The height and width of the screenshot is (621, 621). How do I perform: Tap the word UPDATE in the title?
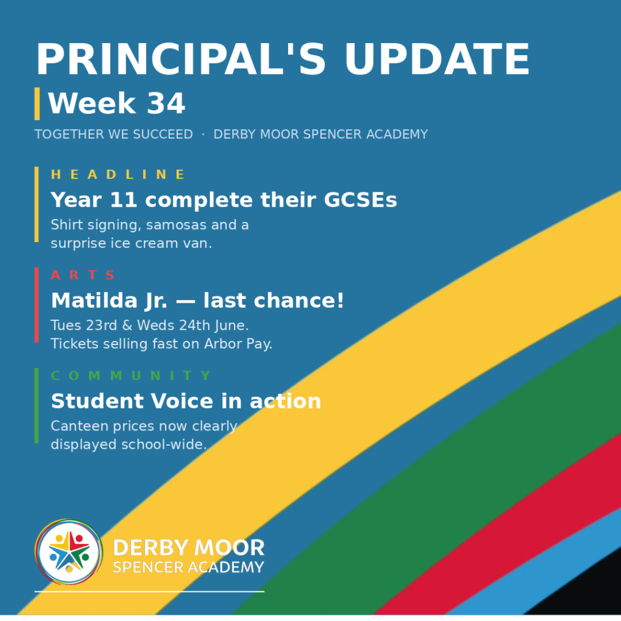437,59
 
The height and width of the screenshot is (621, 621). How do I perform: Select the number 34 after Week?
166,103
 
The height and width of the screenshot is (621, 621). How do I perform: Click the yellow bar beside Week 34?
37,104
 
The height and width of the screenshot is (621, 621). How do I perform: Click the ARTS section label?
82,275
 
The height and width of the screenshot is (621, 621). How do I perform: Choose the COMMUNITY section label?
131,375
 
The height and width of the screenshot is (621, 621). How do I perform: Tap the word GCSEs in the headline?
360,200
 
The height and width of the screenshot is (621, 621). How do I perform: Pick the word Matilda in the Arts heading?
94,300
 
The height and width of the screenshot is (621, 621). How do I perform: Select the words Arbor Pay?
238,344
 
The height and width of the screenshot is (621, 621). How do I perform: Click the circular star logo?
69,552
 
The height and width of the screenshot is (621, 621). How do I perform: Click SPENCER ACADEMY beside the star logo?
189,567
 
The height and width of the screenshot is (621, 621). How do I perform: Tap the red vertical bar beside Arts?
36,305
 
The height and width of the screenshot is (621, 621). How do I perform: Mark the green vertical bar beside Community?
36,406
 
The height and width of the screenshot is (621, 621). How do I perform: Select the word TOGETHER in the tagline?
70,134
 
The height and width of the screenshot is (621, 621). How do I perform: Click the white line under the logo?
149,592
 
